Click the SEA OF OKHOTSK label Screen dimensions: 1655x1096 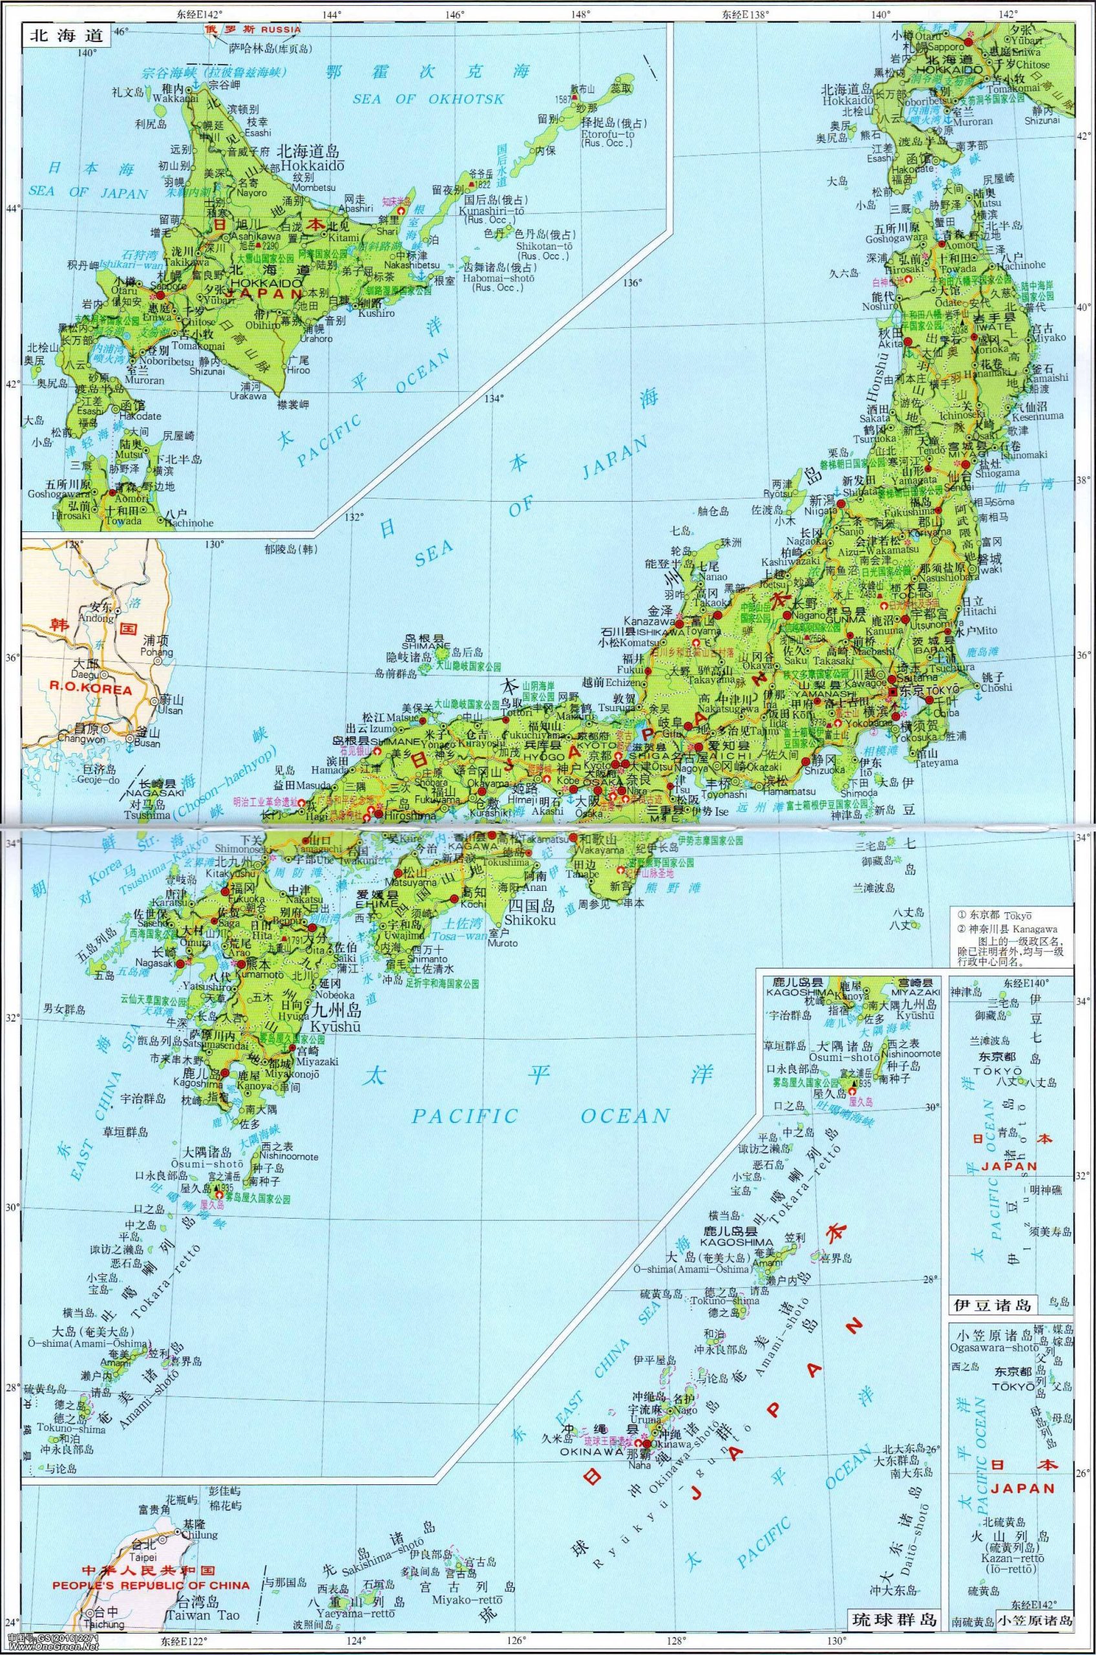point(428,100)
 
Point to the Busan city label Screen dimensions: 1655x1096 point(147,744)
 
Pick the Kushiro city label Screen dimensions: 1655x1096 point(378,314)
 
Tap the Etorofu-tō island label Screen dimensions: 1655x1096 point(606,134)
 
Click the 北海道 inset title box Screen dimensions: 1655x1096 point(67,36)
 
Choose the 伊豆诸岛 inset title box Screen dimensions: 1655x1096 point(992,1305)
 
